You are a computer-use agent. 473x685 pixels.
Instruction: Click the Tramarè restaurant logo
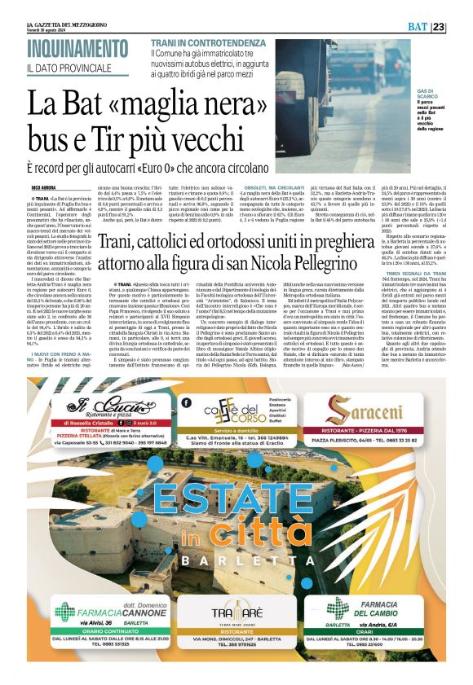[x=236, y=615]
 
